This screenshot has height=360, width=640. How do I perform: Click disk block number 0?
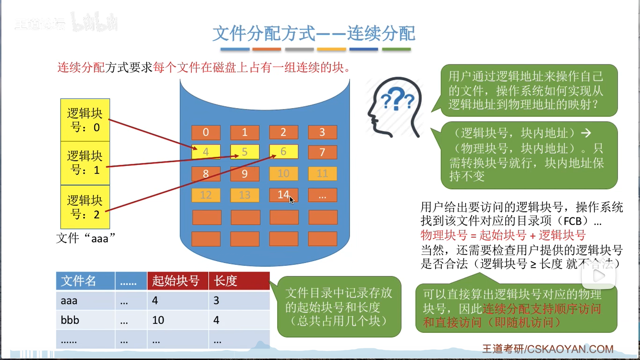pos(206,132)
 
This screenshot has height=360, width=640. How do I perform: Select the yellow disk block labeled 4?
pos(206,152)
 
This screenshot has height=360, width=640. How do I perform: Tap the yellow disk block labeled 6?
pos(284,152)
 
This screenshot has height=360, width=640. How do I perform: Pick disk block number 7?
pos(322,152)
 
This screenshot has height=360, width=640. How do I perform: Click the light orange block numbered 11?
pos(322,174)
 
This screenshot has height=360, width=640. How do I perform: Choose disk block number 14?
pos(283,195)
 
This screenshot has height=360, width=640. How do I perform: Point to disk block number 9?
pos(245,174)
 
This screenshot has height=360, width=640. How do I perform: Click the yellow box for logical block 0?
pos(85,120)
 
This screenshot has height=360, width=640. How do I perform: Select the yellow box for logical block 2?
pos(85,207)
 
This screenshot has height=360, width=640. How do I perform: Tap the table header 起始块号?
pos(178,281)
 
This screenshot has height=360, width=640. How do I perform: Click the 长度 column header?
pos(239,281)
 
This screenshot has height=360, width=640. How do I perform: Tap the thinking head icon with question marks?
pos(395,107)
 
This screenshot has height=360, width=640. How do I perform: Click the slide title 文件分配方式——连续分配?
pos(314,33)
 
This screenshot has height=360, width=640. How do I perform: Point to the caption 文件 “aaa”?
pos(86,238)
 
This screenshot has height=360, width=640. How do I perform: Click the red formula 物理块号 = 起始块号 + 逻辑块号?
pos(503,235)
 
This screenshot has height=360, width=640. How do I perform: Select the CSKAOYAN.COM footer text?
pos(548,349)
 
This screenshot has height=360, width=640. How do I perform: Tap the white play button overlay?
pos(599,276)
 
